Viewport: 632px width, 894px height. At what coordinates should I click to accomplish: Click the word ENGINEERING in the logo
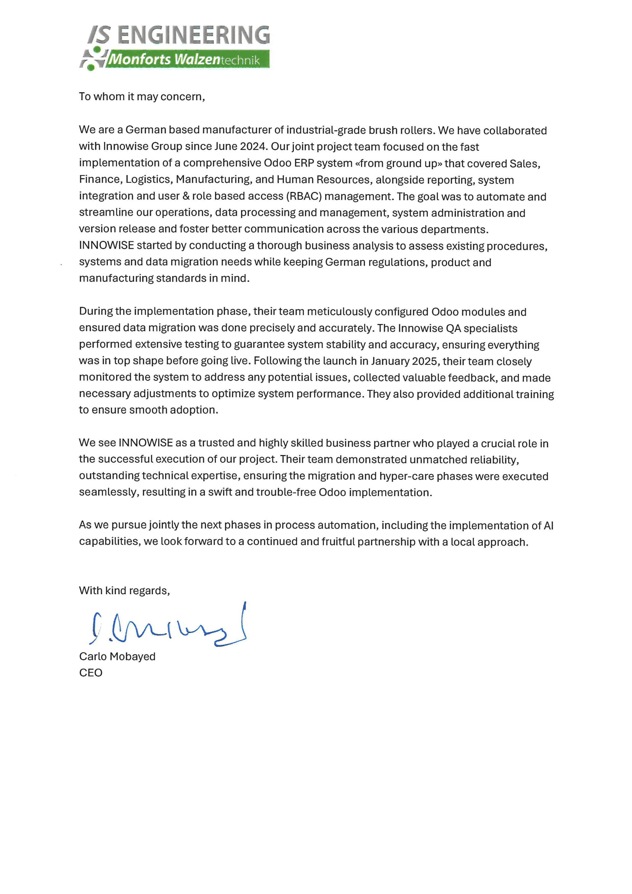193,35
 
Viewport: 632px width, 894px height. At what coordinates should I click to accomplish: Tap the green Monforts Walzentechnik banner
187,59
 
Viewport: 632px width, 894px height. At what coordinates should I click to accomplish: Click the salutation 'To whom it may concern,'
142,96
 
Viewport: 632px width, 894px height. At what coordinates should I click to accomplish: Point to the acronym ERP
304,163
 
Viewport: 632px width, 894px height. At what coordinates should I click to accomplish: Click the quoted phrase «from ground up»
399,163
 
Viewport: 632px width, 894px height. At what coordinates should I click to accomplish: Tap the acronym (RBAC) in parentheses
304,196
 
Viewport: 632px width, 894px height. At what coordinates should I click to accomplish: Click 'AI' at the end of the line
548,525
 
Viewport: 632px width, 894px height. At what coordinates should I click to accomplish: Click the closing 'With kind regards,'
124,591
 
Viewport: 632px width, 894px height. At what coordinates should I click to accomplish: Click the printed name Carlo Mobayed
117,657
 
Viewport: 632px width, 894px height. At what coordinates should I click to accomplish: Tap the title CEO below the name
91,673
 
